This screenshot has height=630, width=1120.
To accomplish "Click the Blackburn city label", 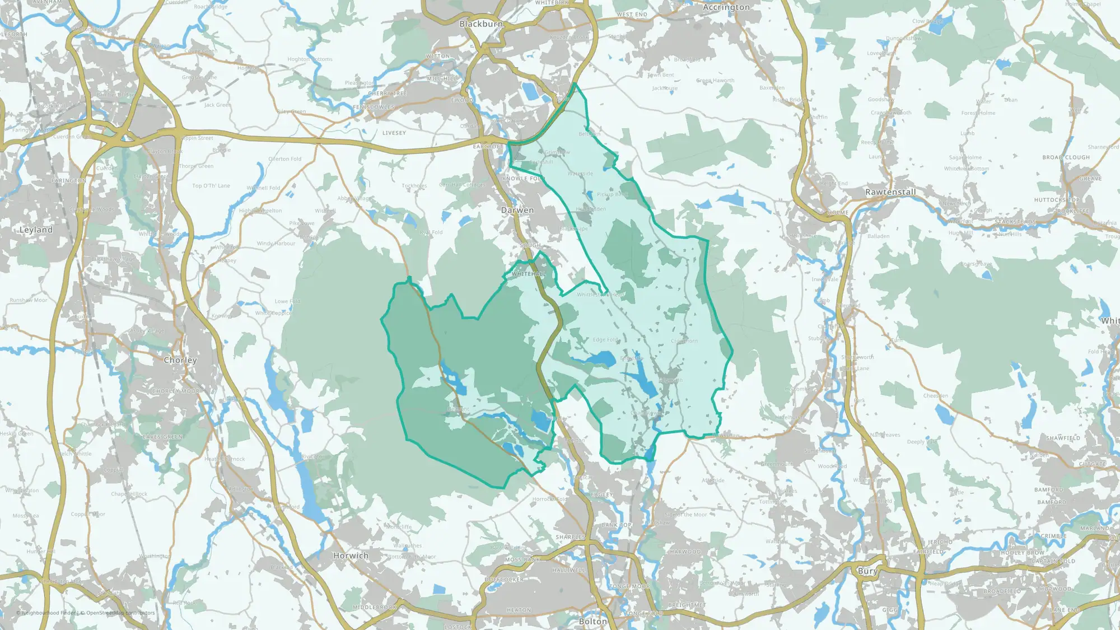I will tap(481, 24).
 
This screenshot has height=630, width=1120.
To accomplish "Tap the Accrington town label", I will tap(726, 7).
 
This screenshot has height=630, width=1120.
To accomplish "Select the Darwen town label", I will tap(517, 210).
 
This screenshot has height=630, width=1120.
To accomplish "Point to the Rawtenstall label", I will tap(890, 192).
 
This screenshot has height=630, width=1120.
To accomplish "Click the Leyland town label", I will tap(36, 230).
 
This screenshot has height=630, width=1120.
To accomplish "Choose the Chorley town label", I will tap(180, 360).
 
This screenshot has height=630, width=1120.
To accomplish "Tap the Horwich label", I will tap(351, 556).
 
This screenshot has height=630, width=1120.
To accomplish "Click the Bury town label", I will tap(867, 571).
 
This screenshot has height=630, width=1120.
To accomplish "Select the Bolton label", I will tap(592, 622).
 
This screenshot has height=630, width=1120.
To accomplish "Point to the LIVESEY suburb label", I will tap(394, 133).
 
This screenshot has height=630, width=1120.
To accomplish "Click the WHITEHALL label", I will tap(528, 274).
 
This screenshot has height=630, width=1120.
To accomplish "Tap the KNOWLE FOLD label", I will tap(522, 179).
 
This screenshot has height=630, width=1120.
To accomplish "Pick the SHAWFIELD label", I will tap(1063, 438).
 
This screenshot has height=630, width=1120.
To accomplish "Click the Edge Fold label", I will tap(606, 340).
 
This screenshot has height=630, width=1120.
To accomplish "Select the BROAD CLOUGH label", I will tap(1066, 158).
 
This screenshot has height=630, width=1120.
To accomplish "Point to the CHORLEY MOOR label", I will tap(176, 391).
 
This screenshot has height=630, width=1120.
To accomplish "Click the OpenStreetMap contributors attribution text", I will tap(120, 613).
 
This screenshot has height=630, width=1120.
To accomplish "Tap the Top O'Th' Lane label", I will tap(211, 186).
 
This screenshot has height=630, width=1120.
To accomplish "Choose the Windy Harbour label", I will tap(276, 244).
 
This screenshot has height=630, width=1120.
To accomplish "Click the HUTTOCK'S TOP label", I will tap(1056, 200).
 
